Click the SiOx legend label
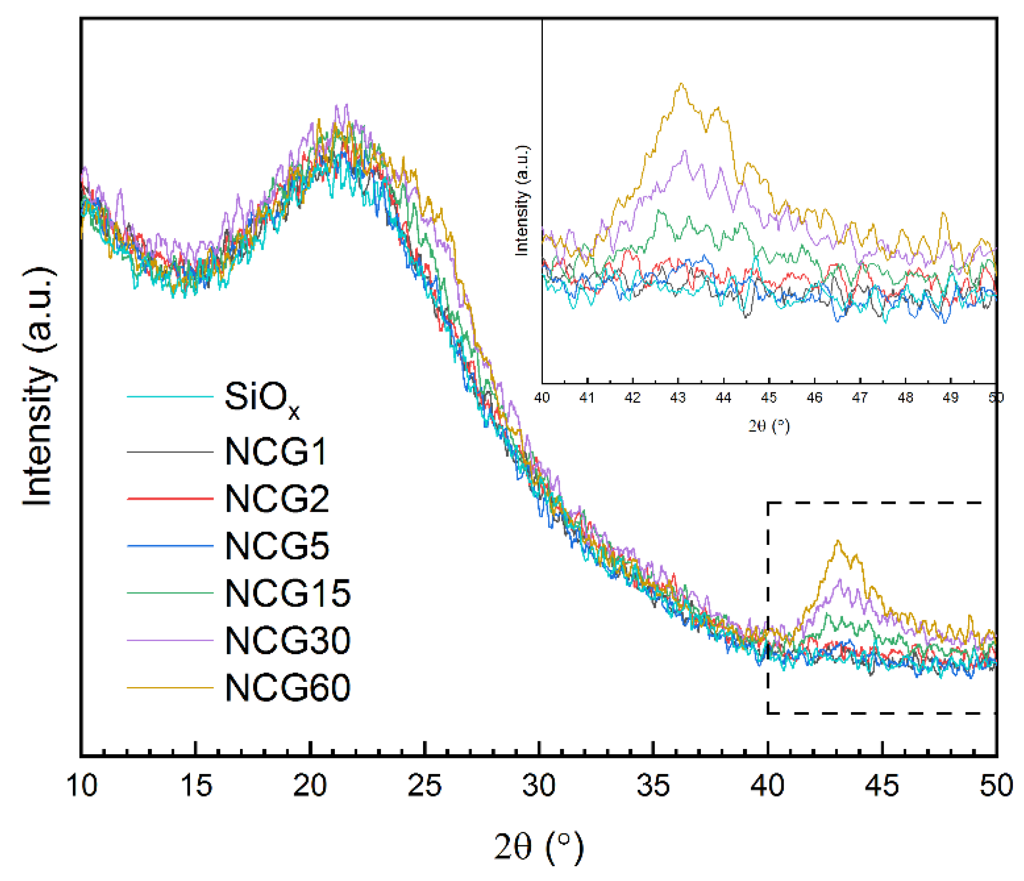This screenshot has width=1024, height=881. coord(262,398)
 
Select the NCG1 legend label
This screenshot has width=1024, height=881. coord(276,452)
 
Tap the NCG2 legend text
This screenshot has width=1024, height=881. coord(277,499)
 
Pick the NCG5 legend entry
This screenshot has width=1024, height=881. coord(277,546)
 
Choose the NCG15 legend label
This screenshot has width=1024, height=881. coord(287,593)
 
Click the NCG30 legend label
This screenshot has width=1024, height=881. coord(287,640)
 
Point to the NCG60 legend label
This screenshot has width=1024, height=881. coord(287,688)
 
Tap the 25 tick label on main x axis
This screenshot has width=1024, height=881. coord(424,786)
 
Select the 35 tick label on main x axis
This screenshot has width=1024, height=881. coord(653,786)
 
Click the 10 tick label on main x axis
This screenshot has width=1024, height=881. coord(81,786)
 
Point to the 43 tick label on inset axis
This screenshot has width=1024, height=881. coord(678,398)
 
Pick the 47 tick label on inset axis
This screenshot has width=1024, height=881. coord(860,398)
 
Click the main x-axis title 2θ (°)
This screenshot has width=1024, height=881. coord(539,846)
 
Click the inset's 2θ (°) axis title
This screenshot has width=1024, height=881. coord(769,426)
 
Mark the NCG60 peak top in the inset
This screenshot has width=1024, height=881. coord(681,84)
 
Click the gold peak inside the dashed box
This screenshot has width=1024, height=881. coord(838,542)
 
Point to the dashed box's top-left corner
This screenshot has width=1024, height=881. coord(768,503)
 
